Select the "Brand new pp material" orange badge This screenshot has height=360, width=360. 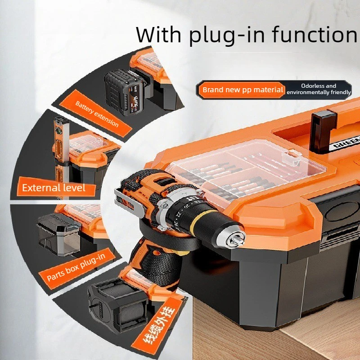[243, 90]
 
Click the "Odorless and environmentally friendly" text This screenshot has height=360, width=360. [319, 89]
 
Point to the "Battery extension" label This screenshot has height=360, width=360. [96, 114]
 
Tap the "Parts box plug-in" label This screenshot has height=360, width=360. [76, 267]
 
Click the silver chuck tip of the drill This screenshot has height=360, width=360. [235, 239]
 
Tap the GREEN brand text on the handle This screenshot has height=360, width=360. [345, 143]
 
